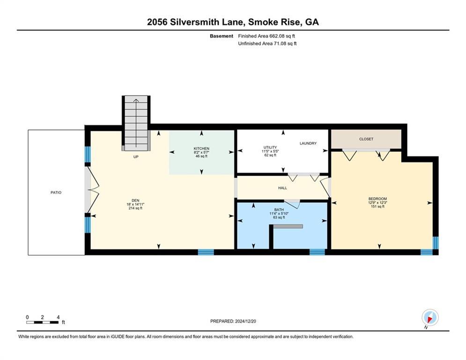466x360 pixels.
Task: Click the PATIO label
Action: pos(56,193)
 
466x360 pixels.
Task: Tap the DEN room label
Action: pos(135,201)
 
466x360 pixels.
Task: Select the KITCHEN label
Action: pos(201,149)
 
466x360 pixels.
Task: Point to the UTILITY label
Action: pos(270,147)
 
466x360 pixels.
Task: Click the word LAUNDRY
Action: pos(308,143)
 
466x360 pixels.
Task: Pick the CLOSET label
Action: pos(366,139)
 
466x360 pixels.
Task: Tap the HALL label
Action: pos(282,188)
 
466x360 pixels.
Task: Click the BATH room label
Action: pos(279,210)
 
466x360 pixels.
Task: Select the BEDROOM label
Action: pos(378,199)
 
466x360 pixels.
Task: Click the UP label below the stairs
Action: pos(136,157)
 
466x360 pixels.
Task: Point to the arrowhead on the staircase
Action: pos(136,101)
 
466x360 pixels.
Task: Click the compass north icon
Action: pos(430,318)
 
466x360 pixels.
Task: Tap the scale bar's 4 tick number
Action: pos(58,317)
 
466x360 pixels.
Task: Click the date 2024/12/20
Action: pos(245,321)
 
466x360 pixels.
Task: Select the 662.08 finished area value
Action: pos(277,36)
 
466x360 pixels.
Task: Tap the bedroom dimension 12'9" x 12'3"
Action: pos(378,202)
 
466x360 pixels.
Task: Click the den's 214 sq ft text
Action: pos(135,208)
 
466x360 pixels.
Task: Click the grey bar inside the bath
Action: pos(288,226)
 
